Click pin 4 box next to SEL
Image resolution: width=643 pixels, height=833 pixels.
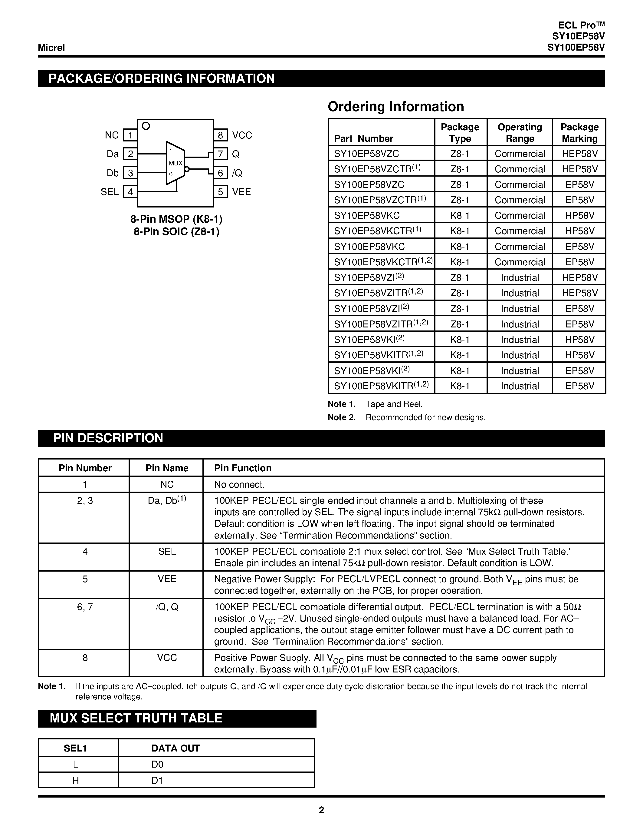pos(130,191)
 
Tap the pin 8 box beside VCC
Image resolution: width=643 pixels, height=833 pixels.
pos(220,135)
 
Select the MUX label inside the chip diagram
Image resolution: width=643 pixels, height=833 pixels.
pos(176,163)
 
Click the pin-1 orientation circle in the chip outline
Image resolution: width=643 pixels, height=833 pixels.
pos(146,126)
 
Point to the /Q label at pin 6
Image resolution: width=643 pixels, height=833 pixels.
pos(237,173)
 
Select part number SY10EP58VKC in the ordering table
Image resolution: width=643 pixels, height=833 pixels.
pos(367,215)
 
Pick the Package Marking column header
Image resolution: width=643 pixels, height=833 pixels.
pos(579,132)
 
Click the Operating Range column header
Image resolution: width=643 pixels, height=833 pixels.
pos(520,132)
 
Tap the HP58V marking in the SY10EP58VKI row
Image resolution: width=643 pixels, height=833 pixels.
pos(579,340)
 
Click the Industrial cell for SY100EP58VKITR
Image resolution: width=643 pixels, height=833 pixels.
pos(520,386)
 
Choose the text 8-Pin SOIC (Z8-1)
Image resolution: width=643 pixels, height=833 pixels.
pos(176,231)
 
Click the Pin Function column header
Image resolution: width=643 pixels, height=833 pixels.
pos(243,468)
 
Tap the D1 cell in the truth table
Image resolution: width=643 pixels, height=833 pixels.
pos(157,780)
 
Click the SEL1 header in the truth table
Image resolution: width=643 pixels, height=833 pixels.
pos(75,748)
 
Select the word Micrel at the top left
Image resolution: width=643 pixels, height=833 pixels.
pos(51,48)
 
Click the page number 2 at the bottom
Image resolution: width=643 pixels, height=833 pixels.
pos(321,810)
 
